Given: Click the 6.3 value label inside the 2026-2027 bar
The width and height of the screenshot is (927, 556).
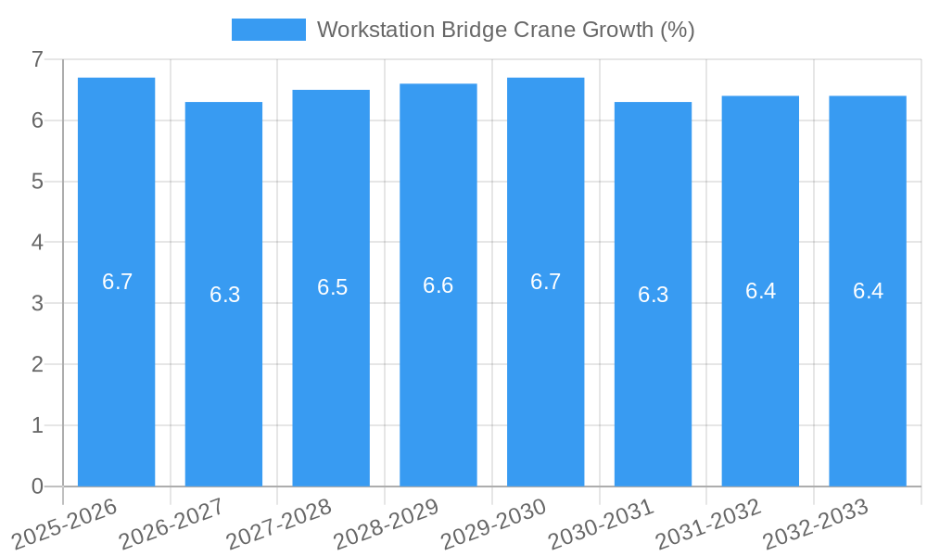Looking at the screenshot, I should [x=224, y=295].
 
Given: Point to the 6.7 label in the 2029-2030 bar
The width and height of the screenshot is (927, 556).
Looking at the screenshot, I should [x=546, y=282].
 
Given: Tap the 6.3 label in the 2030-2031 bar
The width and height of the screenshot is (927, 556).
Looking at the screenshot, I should [x=653, y=295].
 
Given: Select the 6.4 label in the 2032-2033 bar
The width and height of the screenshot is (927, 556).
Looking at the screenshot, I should [x=868, y=291].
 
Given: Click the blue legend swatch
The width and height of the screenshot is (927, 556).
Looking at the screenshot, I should [x=268, y=30].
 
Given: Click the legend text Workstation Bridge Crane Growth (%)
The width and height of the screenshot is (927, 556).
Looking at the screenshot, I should [x=505, y=30].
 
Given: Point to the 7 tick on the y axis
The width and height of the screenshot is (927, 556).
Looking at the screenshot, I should [x=37, y=59].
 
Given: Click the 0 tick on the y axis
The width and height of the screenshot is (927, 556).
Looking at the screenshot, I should [x=37, y=486].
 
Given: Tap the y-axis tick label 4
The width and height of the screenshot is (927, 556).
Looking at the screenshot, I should [x=37, y=242].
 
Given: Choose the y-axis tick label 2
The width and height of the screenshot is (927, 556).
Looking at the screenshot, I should [x=37, y=364].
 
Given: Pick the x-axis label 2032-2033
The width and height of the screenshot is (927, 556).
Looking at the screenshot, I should [x=817, y=523].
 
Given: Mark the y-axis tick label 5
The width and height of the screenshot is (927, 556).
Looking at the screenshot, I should [x=37, y=182].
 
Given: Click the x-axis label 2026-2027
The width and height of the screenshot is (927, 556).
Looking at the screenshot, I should [x=173, y=523].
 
